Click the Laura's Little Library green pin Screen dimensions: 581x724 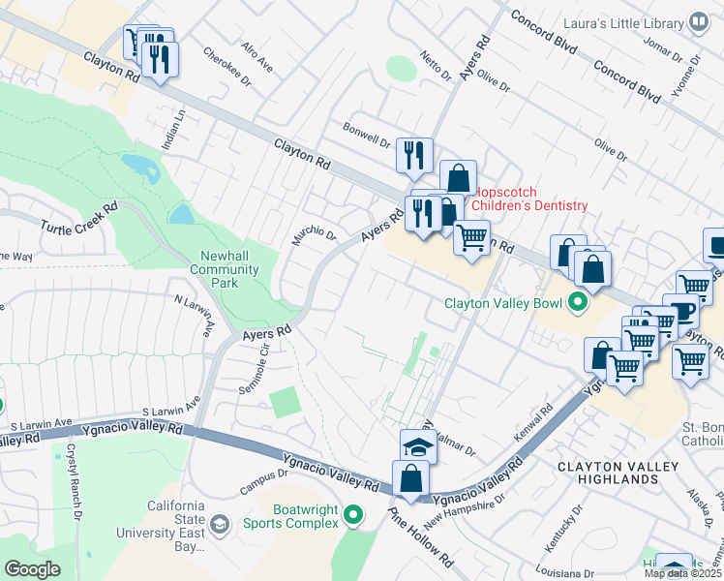point(699,22)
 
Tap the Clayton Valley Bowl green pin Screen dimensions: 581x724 point(578,303)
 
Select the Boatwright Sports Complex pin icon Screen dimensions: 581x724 point(353,514)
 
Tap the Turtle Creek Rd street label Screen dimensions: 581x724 point(78,218)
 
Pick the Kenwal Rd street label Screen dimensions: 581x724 point(533,424)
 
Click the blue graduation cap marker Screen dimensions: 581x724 point(417,447)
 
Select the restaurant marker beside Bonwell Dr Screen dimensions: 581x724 point(413,155)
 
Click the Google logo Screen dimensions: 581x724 point(32,569)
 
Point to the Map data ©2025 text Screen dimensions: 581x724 point(683,573)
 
